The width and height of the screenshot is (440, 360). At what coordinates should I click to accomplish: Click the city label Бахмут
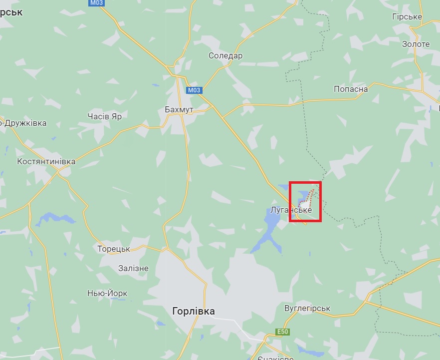[x=179, y=109]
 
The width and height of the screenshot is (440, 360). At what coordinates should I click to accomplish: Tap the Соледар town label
[x=225, y=55]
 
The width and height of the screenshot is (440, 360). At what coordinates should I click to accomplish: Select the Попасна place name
[x=351, y=89]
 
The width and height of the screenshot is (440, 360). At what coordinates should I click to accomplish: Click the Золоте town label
[x=416, y=44]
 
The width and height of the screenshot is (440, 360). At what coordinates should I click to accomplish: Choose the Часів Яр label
[x=104, y=116]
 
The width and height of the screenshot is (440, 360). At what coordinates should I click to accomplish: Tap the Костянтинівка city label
[x=46, y=162]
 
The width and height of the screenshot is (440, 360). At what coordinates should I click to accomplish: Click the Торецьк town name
[x=114, y=249]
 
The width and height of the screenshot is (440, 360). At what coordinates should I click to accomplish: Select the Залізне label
[x=133, y=268]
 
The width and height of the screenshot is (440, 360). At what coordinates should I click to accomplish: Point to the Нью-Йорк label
[x=107, y=294]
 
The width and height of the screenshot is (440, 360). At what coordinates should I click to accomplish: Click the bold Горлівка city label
[x=193, y=312]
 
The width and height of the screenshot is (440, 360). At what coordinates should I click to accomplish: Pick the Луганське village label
[x=291, y=210]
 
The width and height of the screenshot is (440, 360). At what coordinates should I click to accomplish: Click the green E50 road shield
[x=282, y=332]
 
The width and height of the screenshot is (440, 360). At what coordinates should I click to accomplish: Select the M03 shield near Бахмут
[x=194, y=90]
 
